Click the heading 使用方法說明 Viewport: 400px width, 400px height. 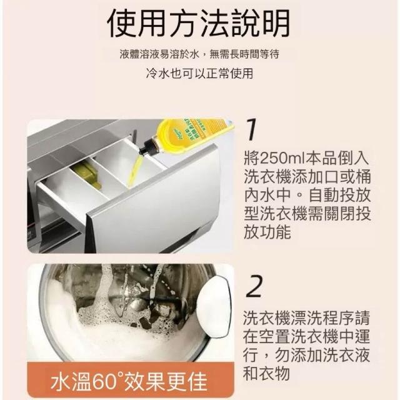tap(199, 24)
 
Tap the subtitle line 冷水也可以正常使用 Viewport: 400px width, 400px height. tap(200, 74)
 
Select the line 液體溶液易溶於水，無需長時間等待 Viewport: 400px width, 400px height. tap(199, 54)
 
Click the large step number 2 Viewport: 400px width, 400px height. tap(254, 286)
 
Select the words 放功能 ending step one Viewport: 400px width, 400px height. tap(267, 232)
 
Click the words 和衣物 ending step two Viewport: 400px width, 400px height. tap(266, 374)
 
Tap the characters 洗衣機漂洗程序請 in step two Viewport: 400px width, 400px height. tap(306, 318)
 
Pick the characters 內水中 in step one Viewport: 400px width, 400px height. tap(267, 195)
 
